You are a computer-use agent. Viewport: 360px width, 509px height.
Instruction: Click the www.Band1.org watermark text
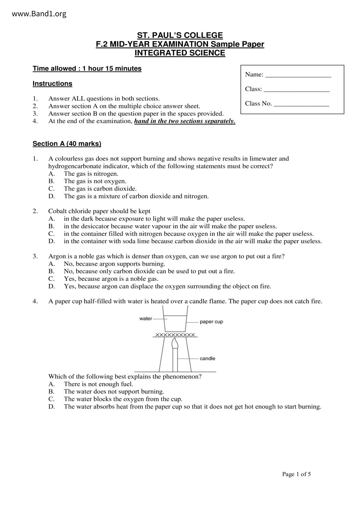tap(39, 14)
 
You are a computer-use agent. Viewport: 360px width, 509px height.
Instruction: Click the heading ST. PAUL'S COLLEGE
tap(180, 35)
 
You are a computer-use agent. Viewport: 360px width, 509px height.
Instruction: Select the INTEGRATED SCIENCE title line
tap(180, 53)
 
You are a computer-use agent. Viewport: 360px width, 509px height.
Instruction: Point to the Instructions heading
tap(52, 84)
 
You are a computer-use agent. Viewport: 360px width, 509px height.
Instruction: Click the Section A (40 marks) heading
tap(67, 144)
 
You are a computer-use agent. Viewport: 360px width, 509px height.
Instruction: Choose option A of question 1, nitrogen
tap(91, 174)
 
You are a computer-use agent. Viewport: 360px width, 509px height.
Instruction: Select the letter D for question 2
tap(51, 241)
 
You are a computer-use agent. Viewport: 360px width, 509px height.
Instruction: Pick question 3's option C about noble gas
tap(111, 279)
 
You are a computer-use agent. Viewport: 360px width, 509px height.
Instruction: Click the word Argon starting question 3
tap(57, 257)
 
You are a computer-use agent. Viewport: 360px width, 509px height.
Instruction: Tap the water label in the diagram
tap(145, 319)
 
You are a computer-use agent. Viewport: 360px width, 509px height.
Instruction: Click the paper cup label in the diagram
tap(211, 322)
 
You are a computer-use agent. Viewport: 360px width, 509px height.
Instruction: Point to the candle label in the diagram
tap(207, 359)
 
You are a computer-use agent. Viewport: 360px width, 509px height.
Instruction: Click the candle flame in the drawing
tap(175, 344)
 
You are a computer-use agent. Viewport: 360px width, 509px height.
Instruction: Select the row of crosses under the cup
tap(175, 335)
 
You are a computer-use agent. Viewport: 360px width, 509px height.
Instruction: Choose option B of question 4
tap(114, 392)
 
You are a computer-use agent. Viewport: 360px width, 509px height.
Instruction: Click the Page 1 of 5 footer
tap(296, 474)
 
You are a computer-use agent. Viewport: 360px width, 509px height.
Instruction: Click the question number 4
tap(35, 302)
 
